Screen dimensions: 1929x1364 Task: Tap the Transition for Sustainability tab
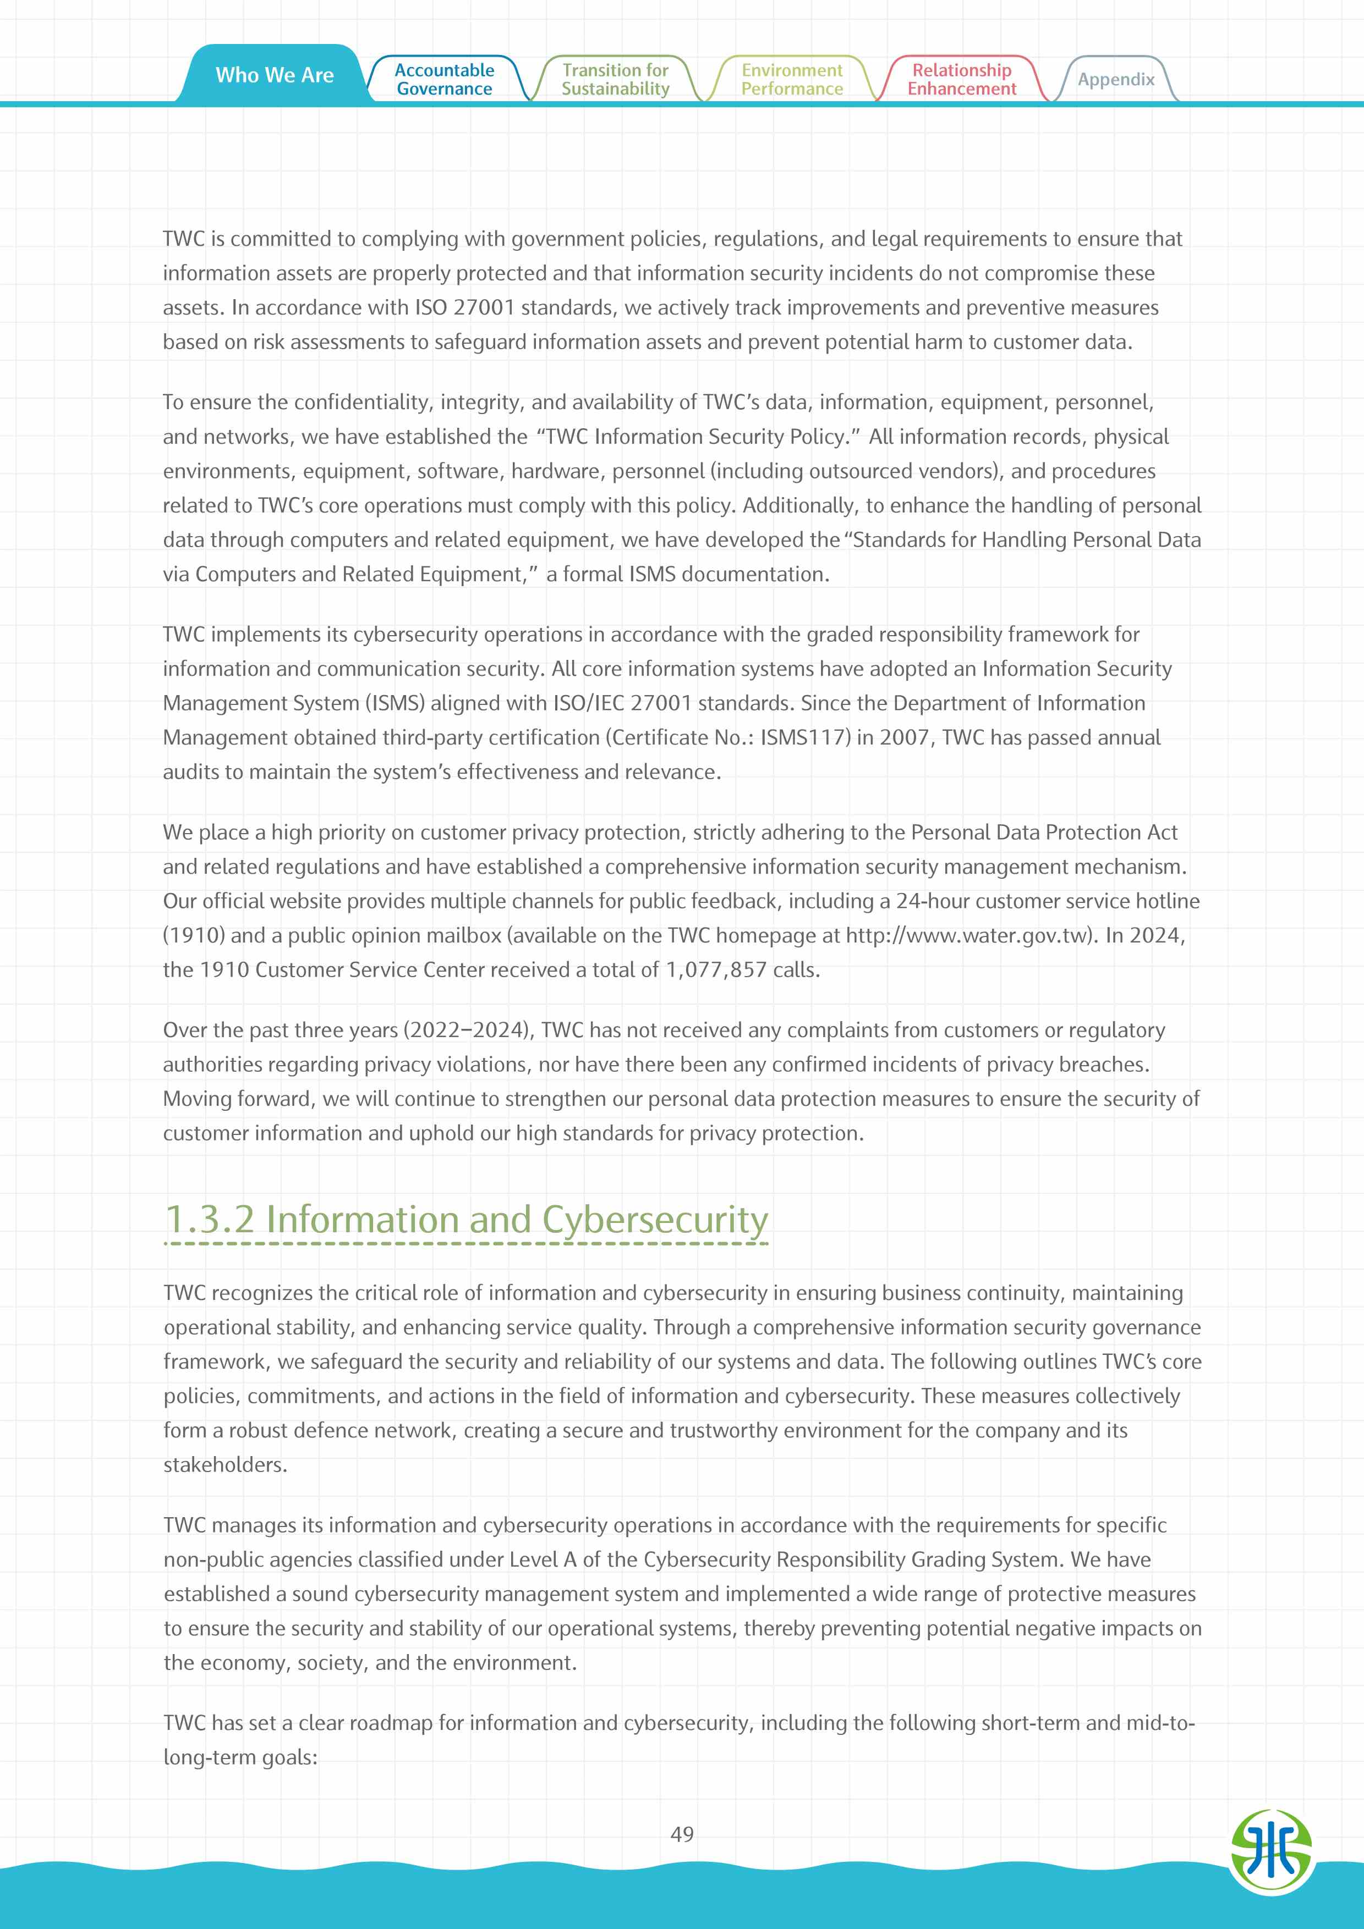pyautogui.click(x=615, y=80)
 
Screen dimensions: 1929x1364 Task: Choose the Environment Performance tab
pyautogui.click(x=792, y=80)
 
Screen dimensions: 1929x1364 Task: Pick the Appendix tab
pyautogui.click(x=1115, y=80)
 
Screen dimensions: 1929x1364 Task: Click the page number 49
pyautogui.click(x=682, y=1834)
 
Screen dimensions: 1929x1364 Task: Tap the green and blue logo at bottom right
pyautogui.click(x=1270, y=1847)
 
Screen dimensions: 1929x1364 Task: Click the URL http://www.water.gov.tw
pyautogui.click(x=967, y=936)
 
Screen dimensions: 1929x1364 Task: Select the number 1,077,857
pyautogui.click(x=716, y=971)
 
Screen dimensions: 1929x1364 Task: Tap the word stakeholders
pyautogui.click(x=224, y=1465)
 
